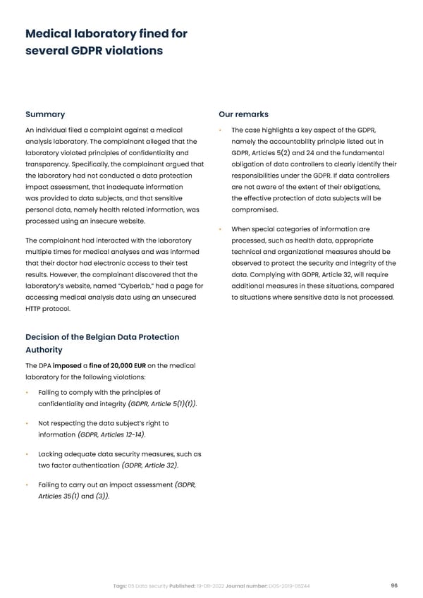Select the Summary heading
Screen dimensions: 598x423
click(45, 114)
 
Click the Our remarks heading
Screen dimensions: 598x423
click(243, 114)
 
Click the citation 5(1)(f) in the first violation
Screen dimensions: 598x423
click(182, 404)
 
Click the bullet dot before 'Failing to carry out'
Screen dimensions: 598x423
click(27, 485)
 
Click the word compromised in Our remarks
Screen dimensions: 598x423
click(255, 209)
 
